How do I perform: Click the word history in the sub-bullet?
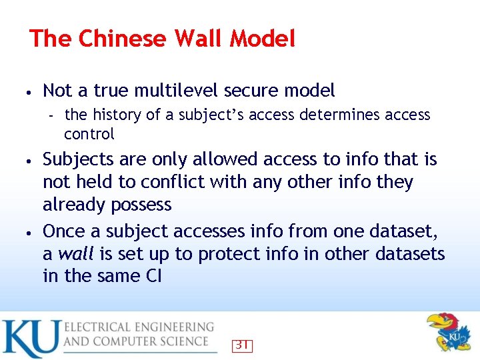click(x=117, y=115)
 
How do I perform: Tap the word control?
click(x=89, y=134)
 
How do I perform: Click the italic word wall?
click(x=75, y=254)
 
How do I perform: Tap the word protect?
click(x=231, y=254)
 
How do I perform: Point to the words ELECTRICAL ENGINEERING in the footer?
click(x=139, y=327)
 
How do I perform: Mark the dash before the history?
click(x=51, y=116)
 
